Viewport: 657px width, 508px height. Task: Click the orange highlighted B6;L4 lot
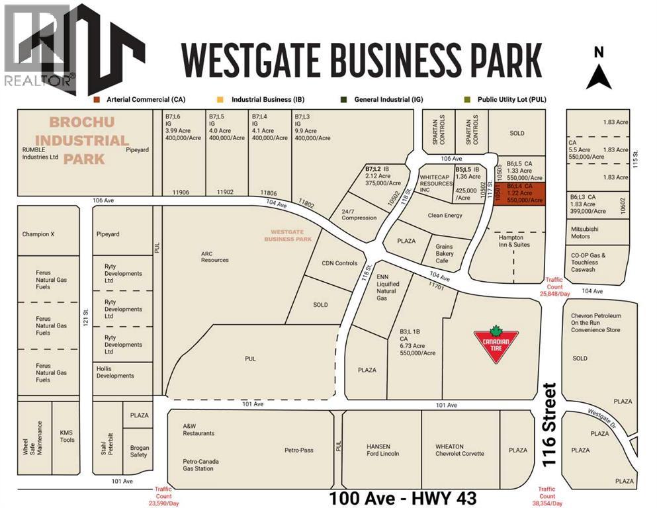pos(520,194)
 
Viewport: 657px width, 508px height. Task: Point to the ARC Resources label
pos(214,256)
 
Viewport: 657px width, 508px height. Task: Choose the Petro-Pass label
pos(299,450)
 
